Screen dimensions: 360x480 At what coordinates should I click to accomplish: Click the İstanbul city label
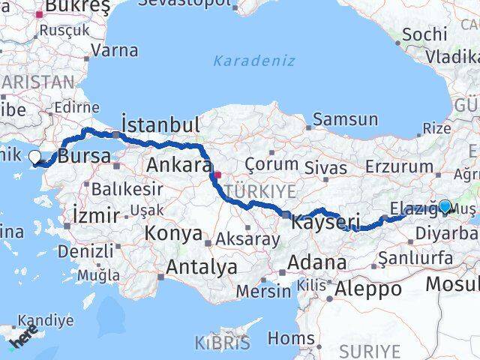160,124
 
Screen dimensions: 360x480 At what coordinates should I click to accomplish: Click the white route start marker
34,157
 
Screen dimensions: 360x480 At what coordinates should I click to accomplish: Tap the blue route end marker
445,206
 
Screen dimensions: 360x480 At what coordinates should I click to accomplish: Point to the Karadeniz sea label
253,61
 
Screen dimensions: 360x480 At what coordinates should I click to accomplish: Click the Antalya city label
201,266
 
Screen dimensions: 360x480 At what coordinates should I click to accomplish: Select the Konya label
172,233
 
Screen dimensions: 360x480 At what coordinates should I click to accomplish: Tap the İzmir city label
96,216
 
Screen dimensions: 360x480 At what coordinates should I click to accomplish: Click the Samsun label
345,119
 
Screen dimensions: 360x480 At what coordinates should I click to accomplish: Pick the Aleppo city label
369,288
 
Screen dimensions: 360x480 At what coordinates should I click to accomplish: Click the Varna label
115,51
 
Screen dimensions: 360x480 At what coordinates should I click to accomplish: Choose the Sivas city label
326,168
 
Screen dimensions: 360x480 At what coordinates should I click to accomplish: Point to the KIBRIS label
223,343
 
